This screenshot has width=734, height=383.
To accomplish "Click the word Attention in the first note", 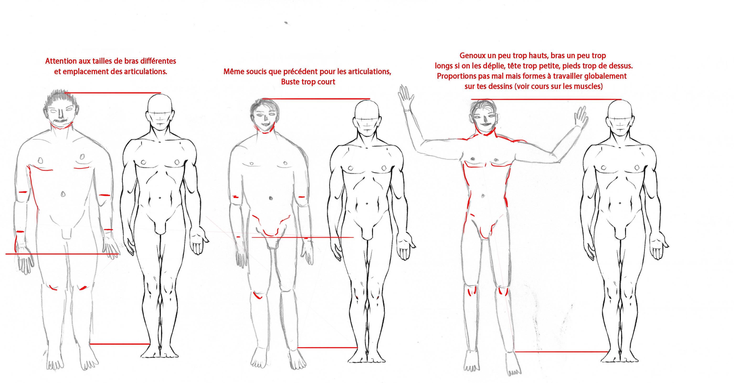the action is [x=60, y=61].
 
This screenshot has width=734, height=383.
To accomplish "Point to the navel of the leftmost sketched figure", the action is [x=63, y=194].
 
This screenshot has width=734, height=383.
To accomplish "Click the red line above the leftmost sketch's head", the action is [x=113, y=93].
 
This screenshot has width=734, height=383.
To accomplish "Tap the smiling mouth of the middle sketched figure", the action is [x=265, y=124].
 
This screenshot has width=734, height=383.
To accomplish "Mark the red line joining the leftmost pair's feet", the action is [x=120, y=344].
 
